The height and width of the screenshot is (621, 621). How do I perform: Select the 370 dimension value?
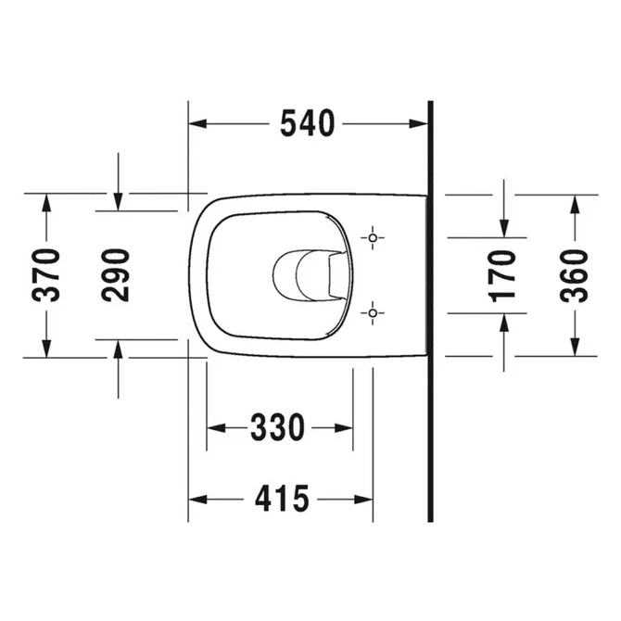[45, 275]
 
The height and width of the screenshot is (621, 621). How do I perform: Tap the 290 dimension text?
[117, 275]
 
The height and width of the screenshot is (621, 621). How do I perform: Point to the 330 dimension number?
[277, 428]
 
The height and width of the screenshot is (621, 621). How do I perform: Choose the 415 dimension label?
[281, 500]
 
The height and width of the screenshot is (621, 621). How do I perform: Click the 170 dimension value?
[503, 275]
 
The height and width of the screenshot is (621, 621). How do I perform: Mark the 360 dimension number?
[574, 275]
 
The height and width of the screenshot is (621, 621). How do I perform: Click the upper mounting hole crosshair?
[373, 238]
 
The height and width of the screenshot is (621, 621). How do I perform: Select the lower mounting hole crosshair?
[373, 313]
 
